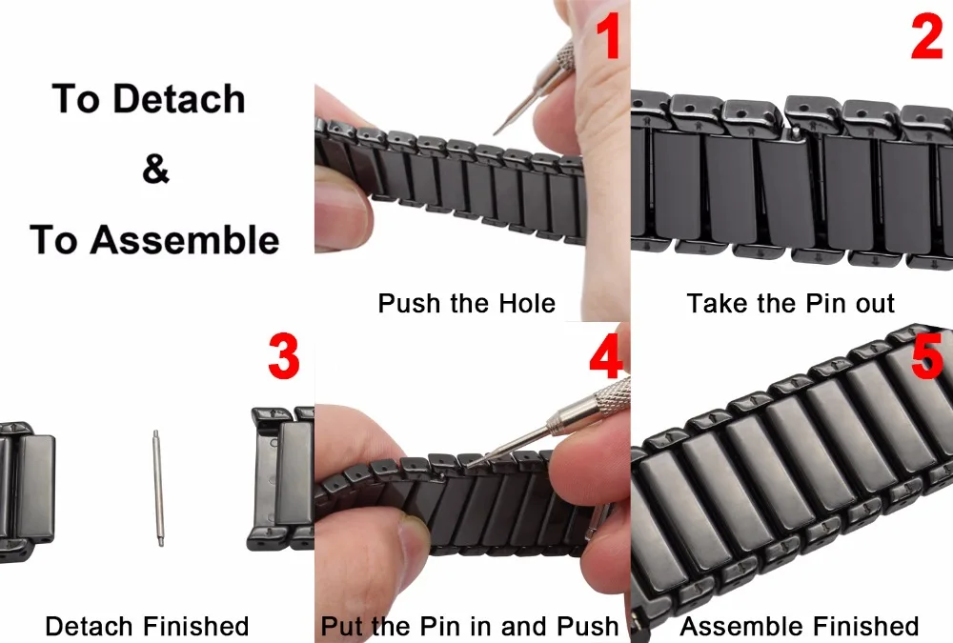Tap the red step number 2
[927, 36]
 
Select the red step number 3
[284, 356]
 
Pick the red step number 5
[927, 356]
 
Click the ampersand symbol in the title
[155, 169]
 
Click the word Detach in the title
[179, 98]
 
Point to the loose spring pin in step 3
[158, 488]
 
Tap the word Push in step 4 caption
[588, 625]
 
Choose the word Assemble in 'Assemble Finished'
[742, 625]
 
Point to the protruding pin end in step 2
[796, 131]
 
